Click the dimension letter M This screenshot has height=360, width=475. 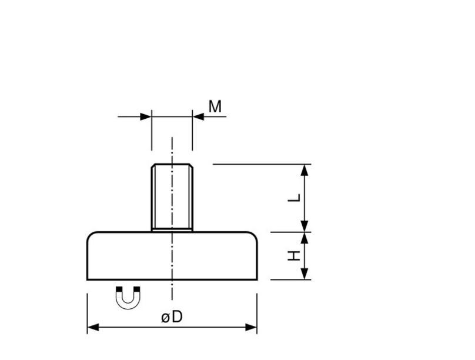click(x=215, y=106)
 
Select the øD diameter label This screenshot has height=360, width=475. click(x=172, y=317)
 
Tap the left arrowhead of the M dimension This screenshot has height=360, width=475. click(x=146, y=116)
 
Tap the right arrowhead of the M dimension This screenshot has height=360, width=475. click(x=198, y=116)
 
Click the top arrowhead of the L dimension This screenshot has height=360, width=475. click(x=305, y=170)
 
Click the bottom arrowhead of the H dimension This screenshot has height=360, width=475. click(x=305, y=275)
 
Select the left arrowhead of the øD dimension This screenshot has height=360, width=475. click(x=92, y=327)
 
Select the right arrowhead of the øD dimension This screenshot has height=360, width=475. click(x=252, y=327)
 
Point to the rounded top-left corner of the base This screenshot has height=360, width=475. click(x=90, y=235)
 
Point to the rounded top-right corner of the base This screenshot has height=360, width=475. click(x=254, y=235)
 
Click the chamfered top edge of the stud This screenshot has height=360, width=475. click(x=172, y=165)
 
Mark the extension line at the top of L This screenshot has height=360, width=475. click(x=259, y=164)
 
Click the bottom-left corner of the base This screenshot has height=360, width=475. click(x=88, y=280)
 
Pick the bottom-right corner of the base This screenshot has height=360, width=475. click(x=256, y=280)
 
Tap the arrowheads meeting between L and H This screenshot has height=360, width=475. click(x=305, y=232)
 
